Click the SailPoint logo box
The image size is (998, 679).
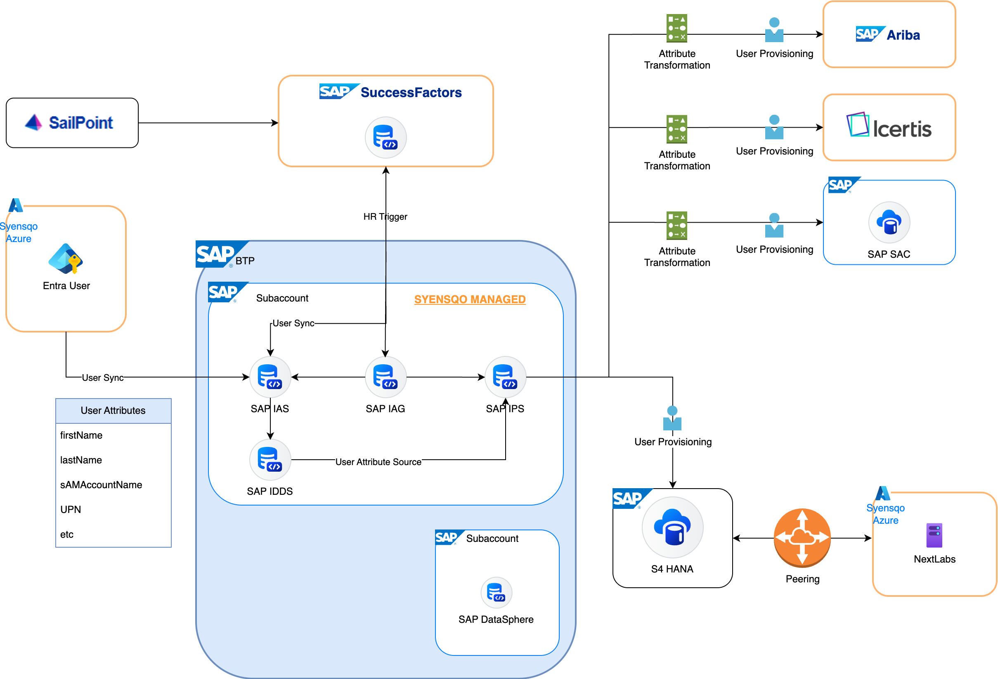click(x=72, y=123)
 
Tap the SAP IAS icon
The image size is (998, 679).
click(x=270, y=377)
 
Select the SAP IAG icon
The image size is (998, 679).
click(x=385, y=377)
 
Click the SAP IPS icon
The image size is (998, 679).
click(x=506, y=377)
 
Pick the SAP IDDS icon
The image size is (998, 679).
click(x=270, y=460)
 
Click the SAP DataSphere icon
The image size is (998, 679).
click(x=497, y=593)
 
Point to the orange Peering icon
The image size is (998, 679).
click(x=802, y=537)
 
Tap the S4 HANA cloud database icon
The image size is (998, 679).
click(x=672, y=527)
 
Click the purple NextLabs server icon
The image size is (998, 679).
click(x=934, y=535)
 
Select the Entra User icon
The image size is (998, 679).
click(x=65, y=259)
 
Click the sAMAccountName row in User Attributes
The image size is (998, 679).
click(x=101, y=485)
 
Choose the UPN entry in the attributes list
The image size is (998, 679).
click(x=71, y=510)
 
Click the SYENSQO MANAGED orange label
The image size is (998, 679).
click(x=470, y=299)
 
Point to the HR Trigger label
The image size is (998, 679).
click(x=385, y=216)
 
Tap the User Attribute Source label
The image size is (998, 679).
click(x=378, y=462)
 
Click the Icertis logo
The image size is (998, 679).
click(x=889, y=127)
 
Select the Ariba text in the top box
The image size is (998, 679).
click(x=903, y=35)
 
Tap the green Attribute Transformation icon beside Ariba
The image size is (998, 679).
click(x=677, y=28)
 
